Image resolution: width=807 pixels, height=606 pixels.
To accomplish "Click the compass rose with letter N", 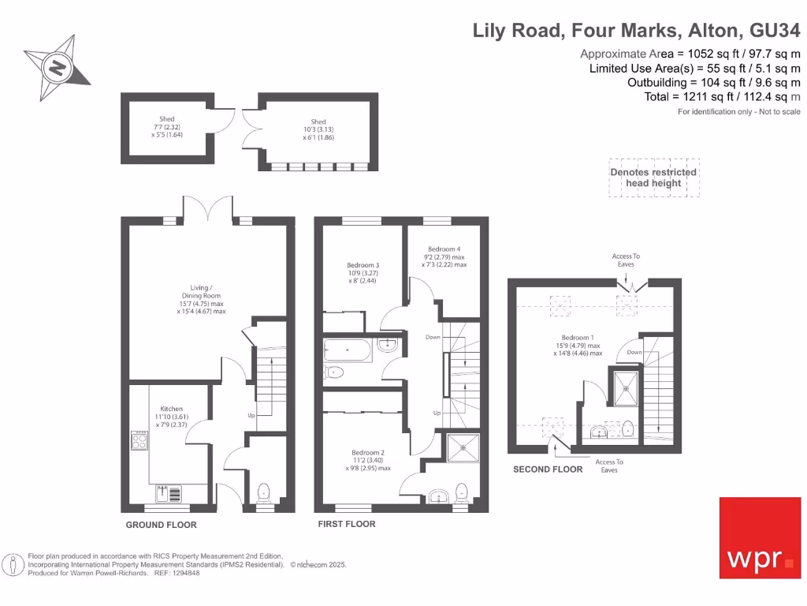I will (58, 67).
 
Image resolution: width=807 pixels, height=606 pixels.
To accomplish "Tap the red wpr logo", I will (760, 537).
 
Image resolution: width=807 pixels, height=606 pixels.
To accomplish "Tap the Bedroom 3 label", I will (363, 265).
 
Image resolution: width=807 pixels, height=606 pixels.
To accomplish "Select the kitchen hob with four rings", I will (139, 440).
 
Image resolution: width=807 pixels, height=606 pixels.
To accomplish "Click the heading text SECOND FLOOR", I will (548, 469).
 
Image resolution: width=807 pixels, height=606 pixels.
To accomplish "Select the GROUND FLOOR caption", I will (162, 525).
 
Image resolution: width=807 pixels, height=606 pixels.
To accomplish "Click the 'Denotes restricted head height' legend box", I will (653, 178).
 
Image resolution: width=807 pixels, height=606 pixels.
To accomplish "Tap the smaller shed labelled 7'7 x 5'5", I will (166, 127).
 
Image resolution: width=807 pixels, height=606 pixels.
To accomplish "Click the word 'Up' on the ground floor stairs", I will (251, 414).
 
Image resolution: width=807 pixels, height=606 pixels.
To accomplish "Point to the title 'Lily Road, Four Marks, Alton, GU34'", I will (636, 31).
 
